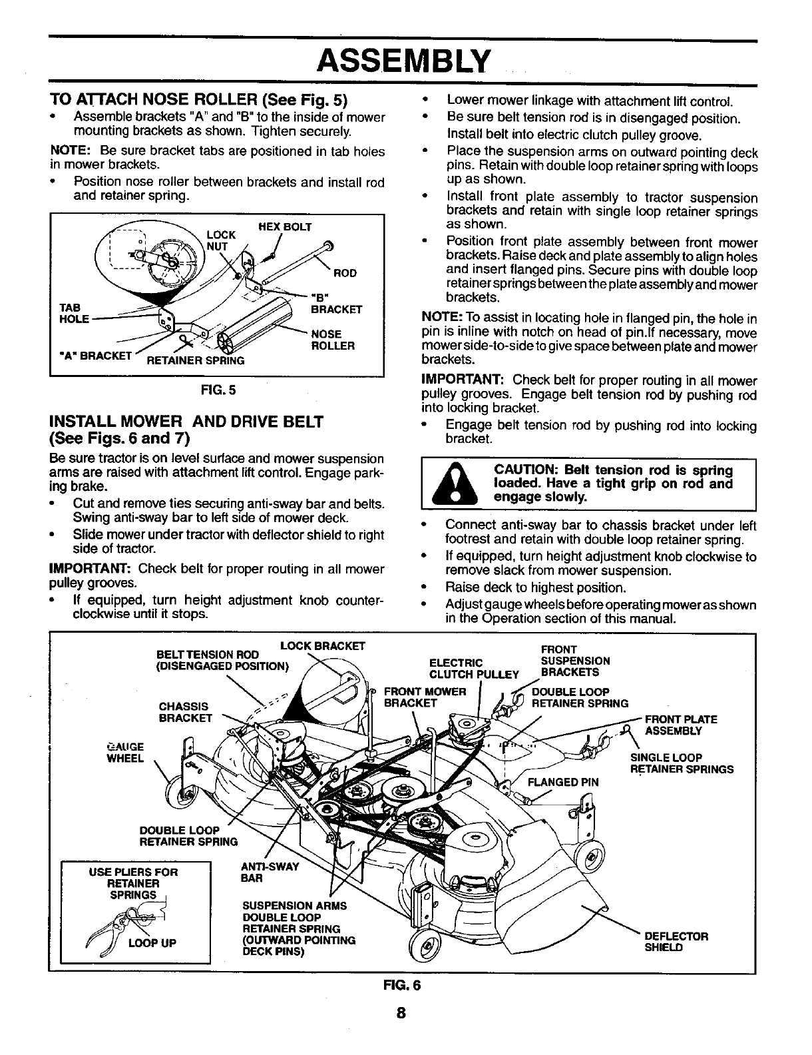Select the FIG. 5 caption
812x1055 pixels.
coord(217,390)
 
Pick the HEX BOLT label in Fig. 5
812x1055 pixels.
coord(285,227)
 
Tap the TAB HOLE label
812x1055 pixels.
coord(73,313)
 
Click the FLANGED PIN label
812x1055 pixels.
coord(563,782)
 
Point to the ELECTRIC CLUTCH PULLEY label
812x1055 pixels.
coord(473,668)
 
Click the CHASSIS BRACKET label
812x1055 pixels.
coord(185,711)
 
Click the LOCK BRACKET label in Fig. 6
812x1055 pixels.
coord(323,645)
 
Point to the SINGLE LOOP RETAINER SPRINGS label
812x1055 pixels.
coord(681,763)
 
